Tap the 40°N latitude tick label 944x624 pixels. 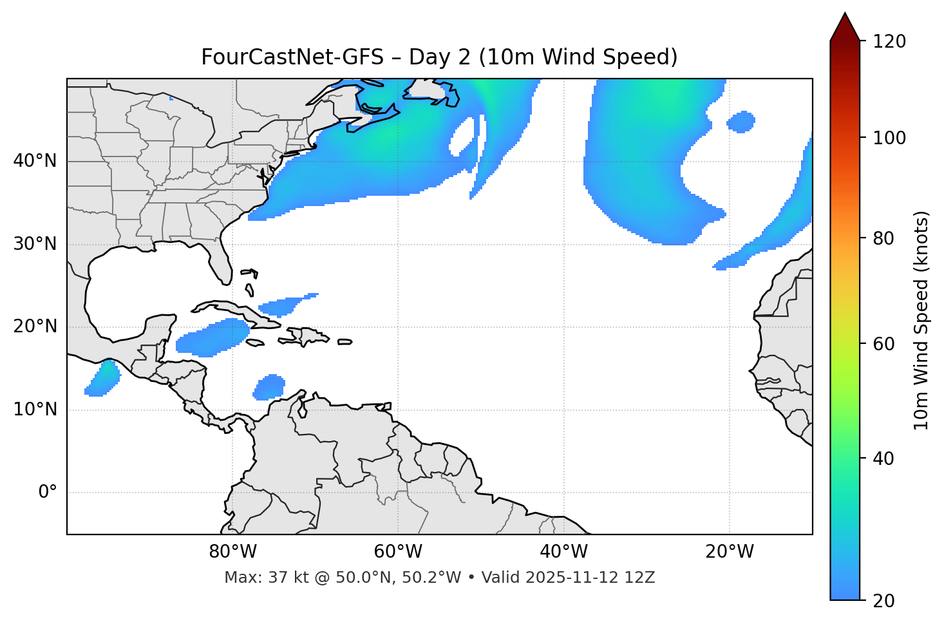pos(35,161)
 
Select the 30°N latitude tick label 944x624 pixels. pos(35,244)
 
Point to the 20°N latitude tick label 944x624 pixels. pos(35,327)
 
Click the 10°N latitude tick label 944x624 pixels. pos(35,410)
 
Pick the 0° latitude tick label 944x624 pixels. pos(47,493)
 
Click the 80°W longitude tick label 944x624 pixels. pos(232,552)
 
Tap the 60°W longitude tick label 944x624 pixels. pos(398,552)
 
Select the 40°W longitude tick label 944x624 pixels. pos(563,552)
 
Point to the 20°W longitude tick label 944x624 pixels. pos(729,552)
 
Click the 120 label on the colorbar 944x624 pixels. pos(889,41)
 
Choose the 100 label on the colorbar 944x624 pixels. pos(889,138)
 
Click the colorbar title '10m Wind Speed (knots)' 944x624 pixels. pos(921,320)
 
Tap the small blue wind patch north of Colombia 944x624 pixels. pos(270,387)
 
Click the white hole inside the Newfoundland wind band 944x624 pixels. pos(463,137)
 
